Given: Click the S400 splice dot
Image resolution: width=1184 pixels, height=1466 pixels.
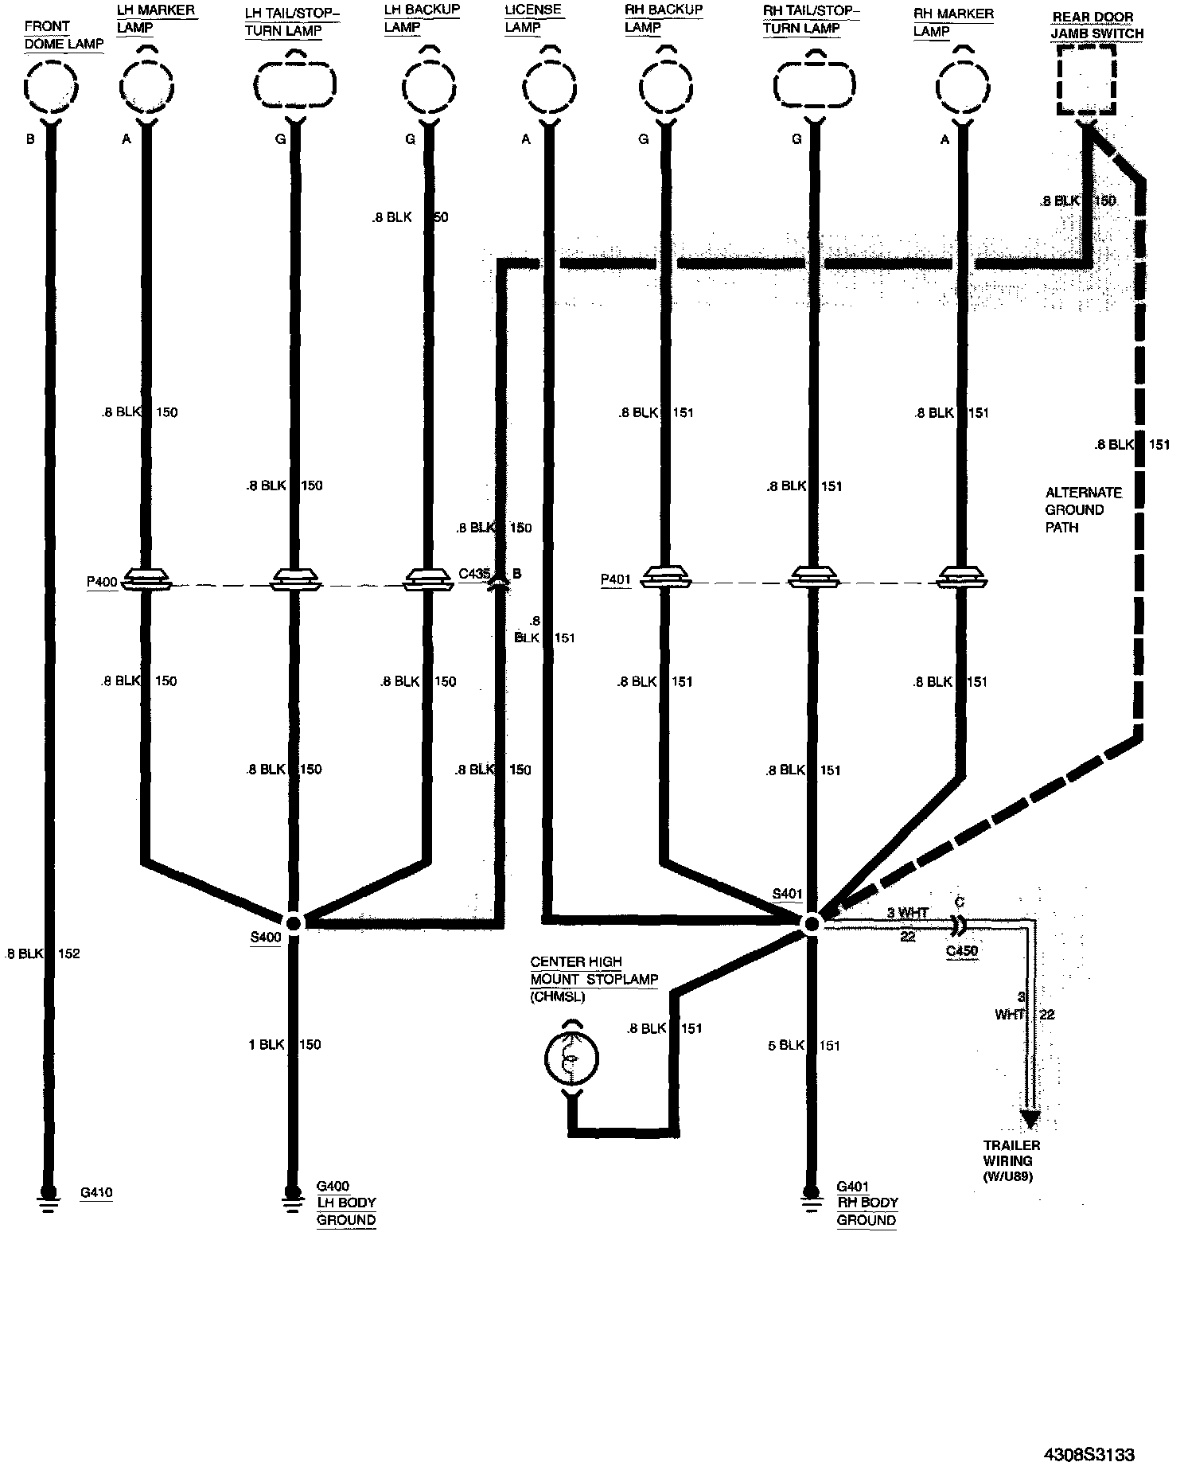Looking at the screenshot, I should click(x=293, y=923).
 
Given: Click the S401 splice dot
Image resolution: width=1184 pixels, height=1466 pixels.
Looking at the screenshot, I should click(x=811, y=924).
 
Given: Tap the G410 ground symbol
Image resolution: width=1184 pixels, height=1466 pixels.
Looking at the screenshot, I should click(x=48, y=1195).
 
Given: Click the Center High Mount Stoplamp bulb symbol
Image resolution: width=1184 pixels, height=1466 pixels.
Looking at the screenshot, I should click(x=571, y=1059).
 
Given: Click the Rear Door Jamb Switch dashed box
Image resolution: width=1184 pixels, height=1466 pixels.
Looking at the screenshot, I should click(x=1085, y=80).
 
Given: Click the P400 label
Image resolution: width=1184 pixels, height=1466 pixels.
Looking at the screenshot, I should click(x=101, y=582).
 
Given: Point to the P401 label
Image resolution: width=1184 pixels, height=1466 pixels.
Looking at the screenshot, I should click(x=615, y=580).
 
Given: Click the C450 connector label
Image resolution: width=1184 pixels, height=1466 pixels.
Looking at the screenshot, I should click(x=962, y=951).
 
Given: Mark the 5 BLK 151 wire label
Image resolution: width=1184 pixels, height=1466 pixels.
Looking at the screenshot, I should click(x=804, y=1045).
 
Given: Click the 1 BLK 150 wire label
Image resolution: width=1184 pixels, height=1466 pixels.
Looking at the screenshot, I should click(x=285, y=1044).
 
